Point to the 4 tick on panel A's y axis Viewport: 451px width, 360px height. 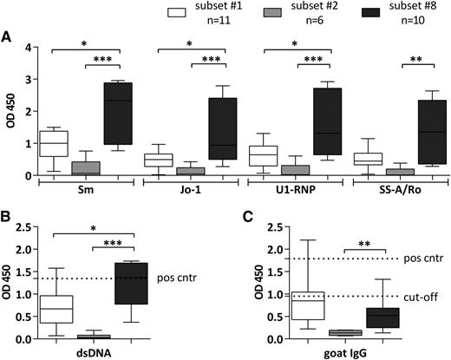tap(29, 46)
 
